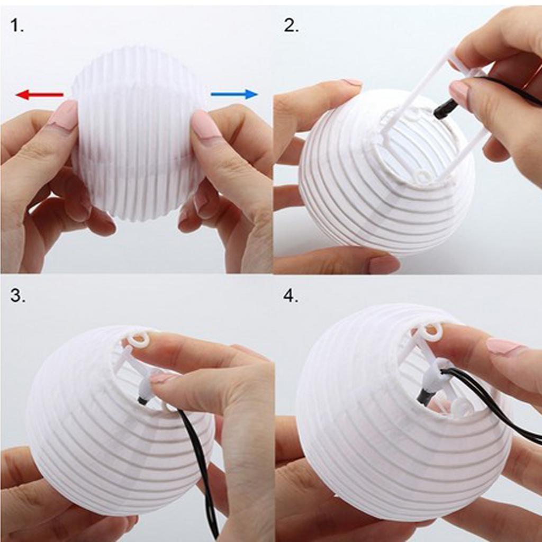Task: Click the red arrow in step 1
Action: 39,95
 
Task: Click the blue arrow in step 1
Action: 234,94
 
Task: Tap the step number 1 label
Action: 17,25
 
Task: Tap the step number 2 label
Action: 291,25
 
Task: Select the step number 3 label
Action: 17,296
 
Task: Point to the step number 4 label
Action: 291,296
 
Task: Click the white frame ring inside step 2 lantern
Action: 422,176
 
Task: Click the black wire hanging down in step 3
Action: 204,466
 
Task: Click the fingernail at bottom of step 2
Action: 383,264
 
